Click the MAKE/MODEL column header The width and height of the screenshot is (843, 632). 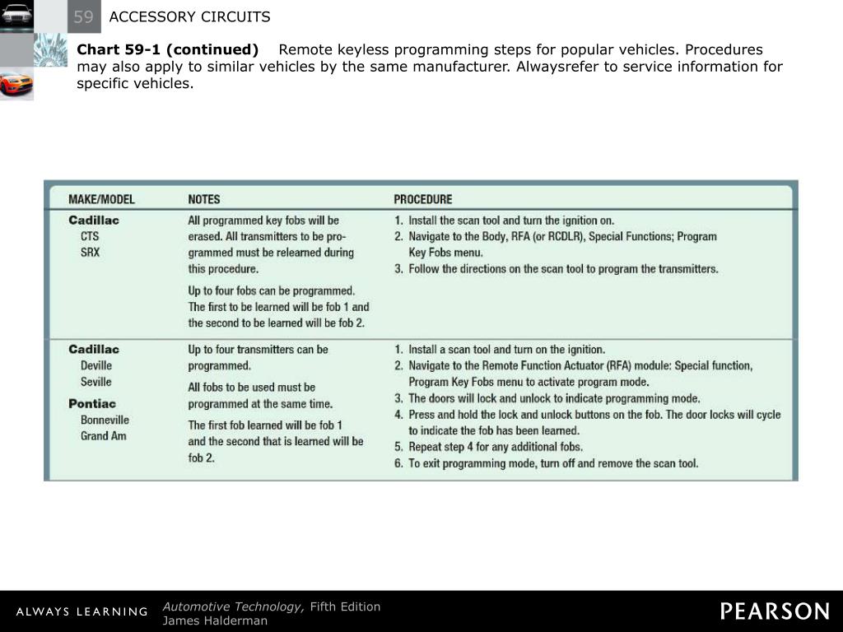tap(101, 199)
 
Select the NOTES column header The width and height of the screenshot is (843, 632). tap(203, 199)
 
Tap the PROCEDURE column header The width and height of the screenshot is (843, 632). tap(422, 199)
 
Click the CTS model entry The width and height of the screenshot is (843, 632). tap(90, 236)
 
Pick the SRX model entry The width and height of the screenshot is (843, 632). tap(90, 253)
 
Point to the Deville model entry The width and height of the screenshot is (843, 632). tap(96, 365)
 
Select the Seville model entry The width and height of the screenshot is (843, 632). tap(96, 382)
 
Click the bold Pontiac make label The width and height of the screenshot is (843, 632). tap(92, 403)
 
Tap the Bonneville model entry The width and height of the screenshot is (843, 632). tap(105, 420)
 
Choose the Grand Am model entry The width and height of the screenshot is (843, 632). tap(104, 436)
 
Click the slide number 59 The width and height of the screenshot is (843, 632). tap(83, 17)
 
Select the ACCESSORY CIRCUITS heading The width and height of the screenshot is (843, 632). tap(189, 17)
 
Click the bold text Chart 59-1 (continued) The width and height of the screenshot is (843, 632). tap(167, 49)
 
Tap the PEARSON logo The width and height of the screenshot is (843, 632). tap(775, 611)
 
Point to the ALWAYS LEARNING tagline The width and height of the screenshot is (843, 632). tap(81, 612)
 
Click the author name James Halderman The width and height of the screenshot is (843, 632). tap(215, 620)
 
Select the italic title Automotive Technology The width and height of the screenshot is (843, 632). tap(233, 606)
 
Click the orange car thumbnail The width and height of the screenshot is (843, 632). tap(16, 84)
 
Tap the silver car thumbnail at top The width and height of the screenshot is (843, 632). tap(16, 16)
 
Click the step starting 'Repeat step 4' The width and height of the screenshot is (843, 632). tap(496, 447)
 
